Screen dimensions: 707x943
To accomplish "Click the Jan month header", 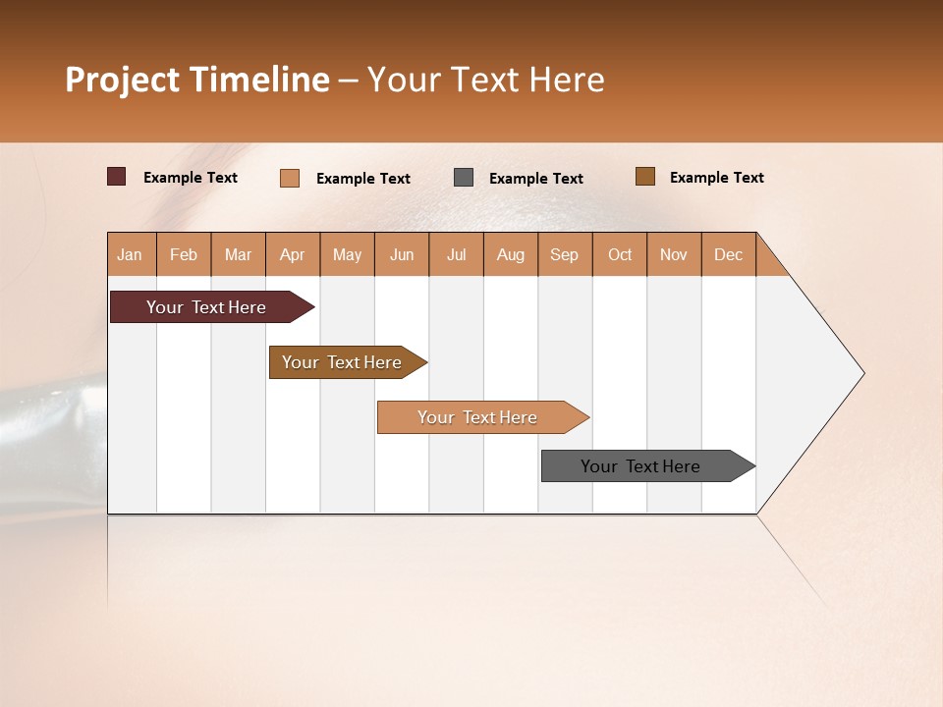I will pos(130,254).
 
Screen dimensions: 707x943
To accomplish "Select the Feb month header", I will pos(184,254).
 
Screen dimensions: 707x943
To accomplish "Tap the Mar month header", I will pos(238,254).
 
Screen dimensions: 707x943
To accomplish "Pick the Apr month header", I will pos(292,254).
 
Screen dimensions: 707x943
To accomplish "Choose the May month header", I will pos(347,254).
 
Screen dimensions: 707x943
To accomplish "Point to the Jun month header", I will pos(402,254).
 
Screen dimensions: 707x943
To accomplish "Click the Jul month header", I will pos(456,254).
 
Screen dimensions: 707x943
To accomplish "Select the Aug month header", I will pos(510,254).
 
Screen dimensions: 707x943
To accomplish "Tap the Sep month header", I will pos(564,254).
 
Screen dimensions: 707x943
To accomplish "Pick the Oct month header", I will pos(620,254).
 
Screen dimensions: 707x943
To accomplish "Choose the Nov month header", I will pos(673,254).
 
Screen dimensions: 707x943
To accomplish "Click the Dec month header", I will pos(728,254).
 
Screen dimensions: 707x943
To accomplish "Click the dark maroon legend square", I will pos(116,177).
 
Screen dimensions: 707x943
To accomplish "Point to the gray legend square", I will pos(464,178).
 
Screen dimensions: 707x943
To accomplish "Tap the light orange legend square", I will pos(289,178).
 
